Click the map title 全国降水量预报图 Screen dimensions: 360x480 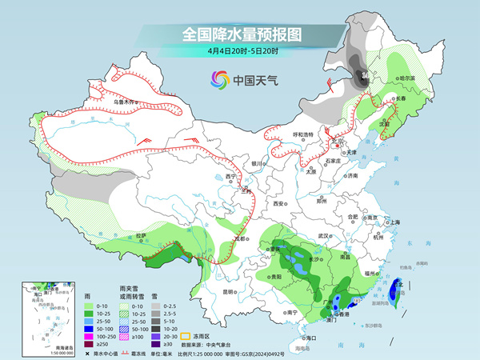pos(241,34)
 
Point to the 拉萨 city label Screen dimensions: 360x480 pos(141,235)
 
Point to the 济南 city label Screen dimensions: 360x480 pos(351,176)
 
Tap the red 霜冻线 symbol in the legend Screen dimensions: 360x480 pos(129,352)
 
